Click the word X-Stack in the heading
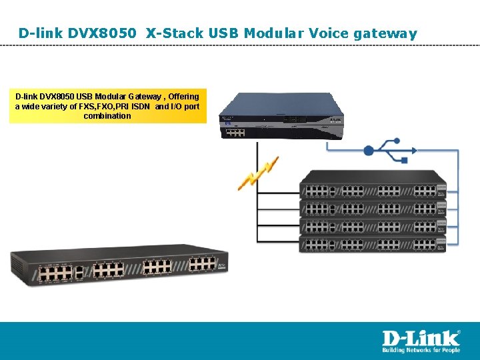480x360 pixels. click(170, 33)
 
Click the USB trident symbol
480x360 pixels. click(382, 149)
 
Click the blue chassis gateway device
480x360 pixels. click(283, 113)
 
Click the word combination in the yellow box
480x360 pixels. click(107, 116)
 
